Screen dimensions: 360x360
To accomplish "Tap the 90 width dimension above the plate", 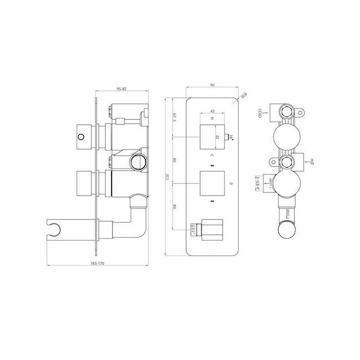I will [212, 85].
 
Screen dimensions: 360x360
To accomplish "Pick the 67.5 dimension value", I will [174, 118].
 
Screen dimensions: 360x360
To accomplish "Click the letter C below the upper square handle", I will [212, 155].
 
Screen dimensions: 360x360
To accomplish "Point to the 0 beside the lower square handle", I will [231, 184].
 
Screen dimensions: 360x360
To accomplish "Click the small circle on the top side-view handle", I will [81, 137].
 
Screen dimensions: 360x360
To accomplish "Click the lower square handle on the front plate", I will [212, 184].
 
